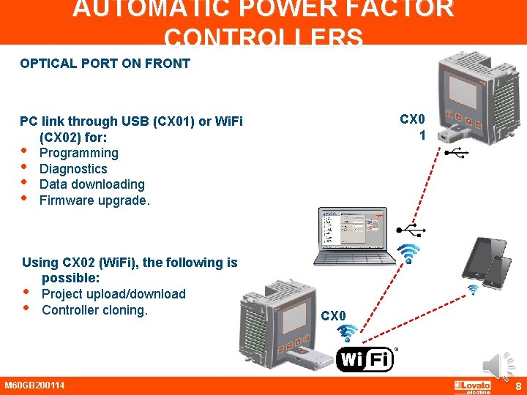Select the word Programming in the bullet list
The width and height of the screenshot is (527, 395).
tap(78, 153)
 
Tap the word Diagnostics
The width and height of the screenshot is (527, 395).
tap(73, 169)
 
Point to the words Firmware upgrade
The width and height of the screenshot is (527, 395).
tap(94, 200)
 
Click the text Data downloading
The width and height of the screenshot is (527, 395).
tap(91, 184)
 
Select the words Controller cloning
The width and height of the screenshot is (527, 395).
tap(94, 310)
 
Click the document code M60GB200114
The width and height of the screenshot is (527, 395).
tap(34, 385)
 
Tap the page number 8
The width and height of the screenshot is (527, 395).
tap(517, 386)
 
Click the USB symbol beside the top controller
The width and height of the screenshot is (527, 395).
tap(459, 154)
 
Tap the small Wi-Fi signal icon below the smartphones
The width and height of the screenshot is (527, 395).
tap(473, 290)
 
